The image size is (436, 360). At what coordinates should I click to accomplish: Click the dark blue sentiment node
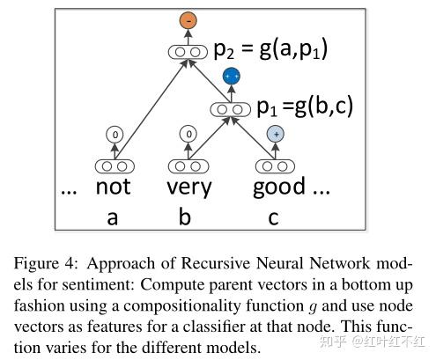click(231, 77)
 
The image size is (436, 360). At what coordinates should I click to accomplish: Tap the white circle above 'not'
click(114, 134)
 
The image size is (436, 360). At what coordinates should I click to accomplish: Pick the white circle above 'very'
click(186, 134)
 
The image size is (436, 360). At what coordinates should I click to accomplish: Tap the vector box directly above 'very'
click(186, 165)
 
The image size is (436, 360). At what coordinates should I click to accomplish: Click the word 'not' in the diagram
click(113, 187)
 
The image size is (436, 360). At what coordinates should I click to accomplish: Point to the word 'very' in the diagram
click(188, 187)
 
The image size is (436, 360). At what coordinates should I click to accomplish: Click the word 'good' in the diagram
click(278, 187)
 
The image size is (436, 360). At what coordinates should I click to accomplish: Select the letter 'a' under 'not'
click(112, 217)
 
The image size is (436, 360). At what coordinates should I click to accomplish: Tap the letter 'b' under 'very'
click(185, 216)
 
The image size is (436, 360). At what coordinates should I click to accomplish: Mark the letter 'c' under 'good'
click(274, 217)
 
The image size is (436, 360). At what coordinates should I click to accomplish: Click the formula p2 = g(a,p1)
click(270, 49)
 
